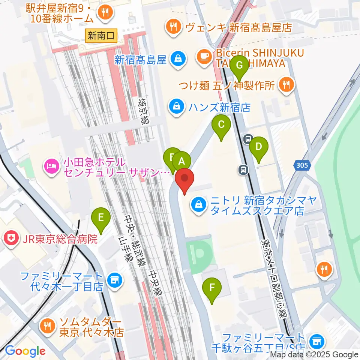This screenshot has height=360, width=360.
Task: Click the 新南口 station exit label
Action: click(101, 36)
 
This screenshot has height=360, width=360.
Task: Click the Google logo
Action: click(25, 351)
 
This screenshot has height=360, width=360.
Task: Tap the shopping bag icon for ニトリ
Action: click(198, 205)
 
